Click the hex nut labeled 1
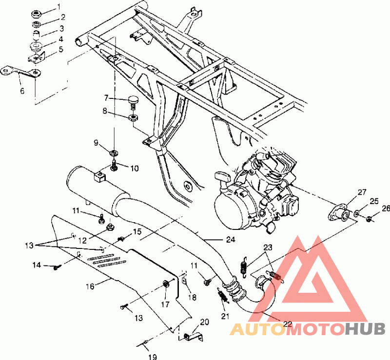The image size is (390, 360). point(37,14)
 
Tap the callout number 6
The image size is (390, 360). point(22,91)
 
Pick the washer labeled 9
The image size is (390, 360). point(114,152)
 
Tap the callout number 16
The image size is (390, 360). point(90,286)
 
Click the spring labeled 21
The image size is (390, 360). point(223,295)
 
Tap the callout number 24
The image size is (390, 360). point(231,239)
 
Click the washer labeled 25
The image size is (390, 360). point(356,213)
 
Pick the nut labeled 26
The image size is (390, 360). point(369,219)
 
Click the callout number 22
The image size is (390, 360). point(288,323)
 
